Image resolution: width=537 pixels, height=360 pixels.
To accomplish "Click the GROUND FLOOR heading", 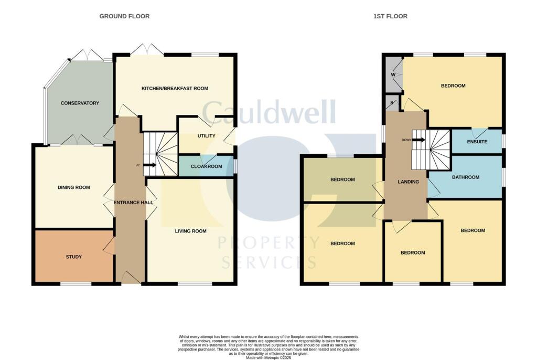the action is pyautogui.click(x=124, y=16).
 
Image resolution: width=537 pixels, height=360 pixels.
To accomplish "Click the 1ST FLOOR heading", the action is pyautogui.click(x=390, y=16).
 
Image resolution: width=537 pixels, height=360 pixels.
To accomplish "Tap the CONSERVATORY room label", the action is pyautogui.click(x=80, y=103).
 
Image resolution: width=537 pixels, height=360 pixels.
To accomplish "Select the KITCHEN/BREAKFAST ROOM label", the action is pyautogui.click(x=175, y=89).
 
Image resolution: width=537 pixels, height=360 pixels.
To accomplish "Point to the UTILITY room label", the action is pyautogui.click(x=206, y=136).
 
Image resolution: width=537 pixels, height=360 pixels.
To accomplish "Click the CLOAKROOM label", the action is pyautogui.click(x=206, y=166).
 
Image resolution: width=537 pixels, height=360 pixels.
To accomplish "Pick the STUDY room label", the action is pyautogui.click(x=73, y=257).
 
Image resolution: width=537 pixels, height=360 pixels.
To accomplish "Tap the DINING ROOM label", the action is pyautogui.click(x=73, y=187).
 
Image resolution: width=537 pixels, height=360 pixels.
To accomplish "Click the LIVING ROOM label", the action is pyautogui.click(x=190, y=231).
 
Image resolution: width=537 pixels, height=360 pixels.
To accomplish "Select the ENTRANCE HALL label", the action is pyautogui.click(x=133, y=203).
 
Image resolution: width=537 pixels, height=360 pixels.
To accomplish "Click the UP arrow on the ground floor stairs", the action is pyautogui.click(x=149, y=165).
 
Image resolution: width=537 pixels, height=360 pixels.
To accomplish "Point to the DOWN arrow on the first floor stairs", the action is pyautogui.click(x=418, y=140).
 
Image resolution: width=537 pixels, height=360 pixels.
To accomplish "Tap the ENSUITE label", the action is pyautogui.click(x=477, y=142).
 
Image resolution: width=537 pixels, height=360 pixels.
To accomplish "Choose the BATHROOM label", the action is pyautogui.click(x=466, y=177).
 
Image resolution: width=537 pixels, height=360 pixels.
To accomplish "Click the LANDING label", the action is pyautogui.click(x=408, y=182).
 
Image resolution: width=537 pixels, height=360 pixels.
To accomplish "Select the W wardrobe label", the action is pyautogui.click(x=393, y=75).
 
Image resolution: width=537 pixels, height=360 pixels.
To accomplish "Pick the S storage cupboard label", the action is pyautogui.click(x=392, y=102).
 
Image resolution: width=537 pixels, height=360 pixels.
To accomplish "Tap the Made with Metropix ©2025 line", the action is pyautogui.click(x=268, y=357).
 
